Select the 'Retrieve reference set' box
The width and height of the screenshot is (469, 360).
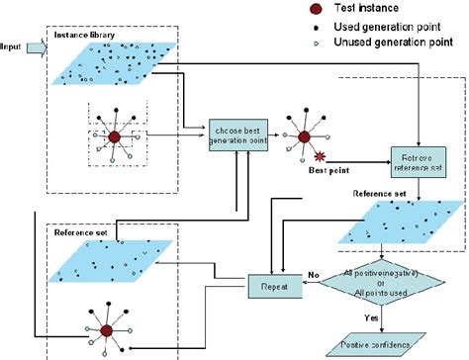420,161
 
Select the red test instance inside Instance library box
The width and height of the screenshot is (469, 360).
115,137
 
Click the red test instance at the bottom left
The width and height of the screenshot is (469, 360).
117,320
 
